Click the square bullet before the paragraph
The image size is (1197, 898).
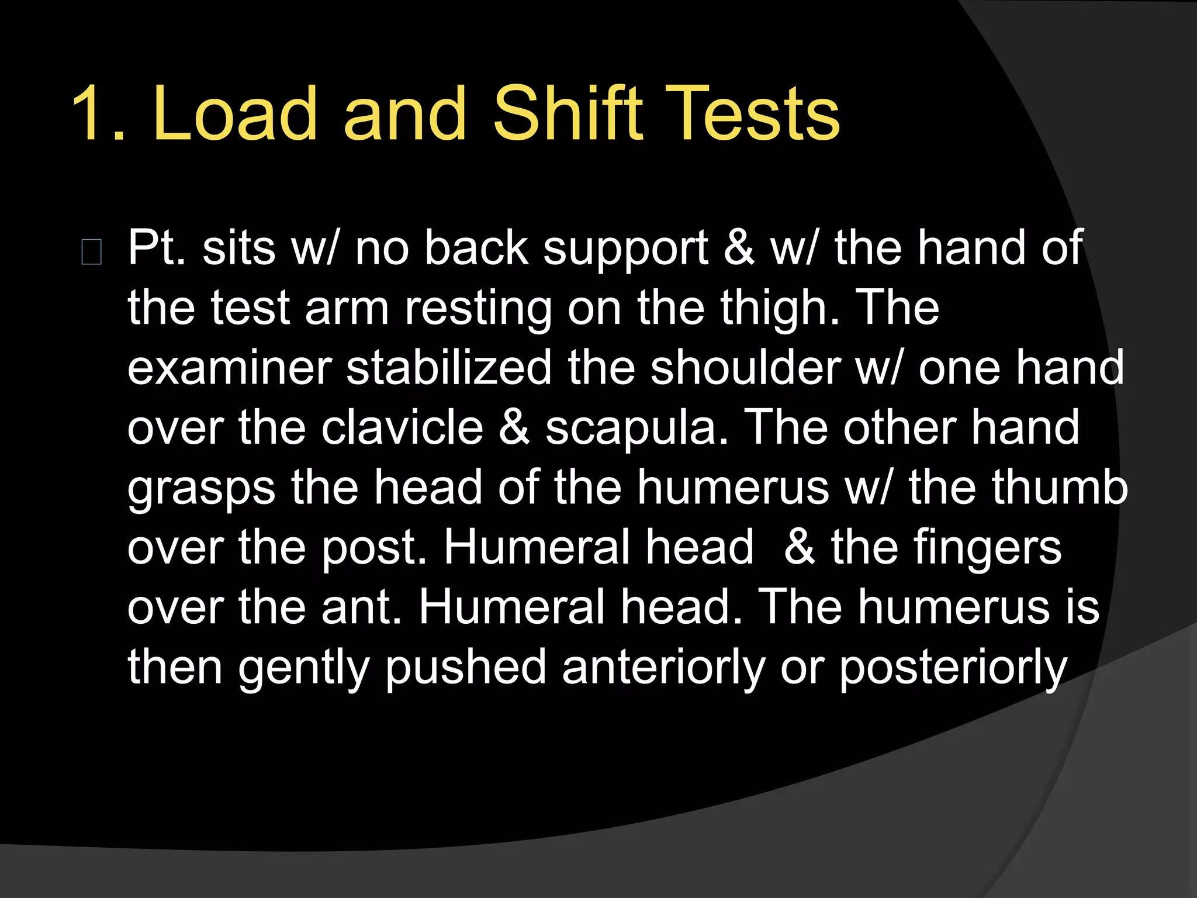point(92,253)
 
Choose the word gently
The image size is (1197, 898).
point(303,668)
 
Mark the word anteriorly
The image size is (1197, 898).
point(663,668)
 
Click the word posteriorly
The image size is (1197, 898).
point(953,668)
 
